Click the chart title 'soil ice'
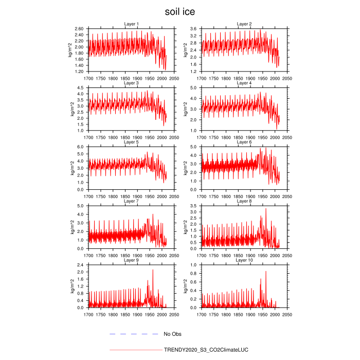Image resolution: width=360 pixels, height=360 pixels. [179, 11]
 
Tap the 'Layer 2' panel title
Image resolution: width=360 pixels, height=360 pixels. [244, 24]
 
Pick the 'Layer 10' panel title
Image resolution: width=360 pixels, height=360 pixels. [244, 260]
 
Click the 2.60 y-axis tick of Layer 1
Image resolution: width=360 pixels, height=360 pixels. [79, 29]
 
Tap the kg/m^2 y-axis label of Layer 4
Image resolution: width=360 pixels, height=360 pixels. [185, 109]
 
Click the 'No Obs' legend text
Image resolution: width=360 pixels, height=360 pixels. [173, 334]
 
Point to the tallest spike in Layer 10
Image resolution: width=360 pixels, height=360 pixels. [266, 272]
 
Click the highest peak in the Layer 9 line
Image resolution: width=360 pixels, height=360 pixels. [153, 270]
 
